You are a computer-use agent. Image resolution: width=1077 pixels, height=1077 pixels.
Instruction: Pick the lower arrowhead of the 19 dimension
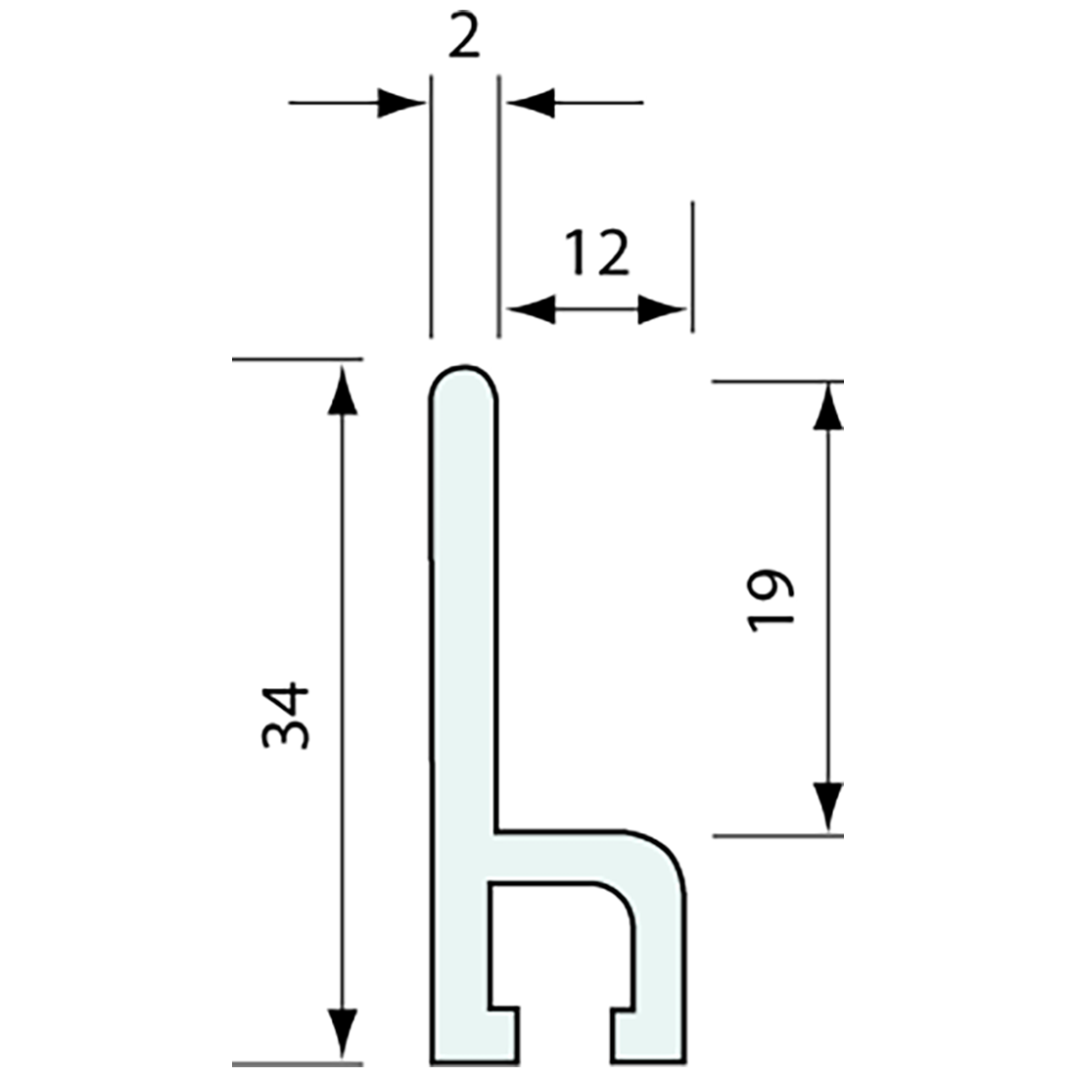[828, 809]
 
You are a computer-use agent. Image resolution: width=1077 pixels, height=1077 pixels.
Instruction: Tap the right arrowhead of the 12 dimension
[662, 311]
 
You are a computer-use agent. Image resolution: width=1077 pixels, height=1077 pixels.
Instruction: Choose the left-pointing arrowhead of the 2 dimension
[529, 102]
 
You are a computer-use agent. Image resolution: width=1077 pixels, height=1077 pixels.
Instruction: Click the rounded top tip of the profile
[464, 371]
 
